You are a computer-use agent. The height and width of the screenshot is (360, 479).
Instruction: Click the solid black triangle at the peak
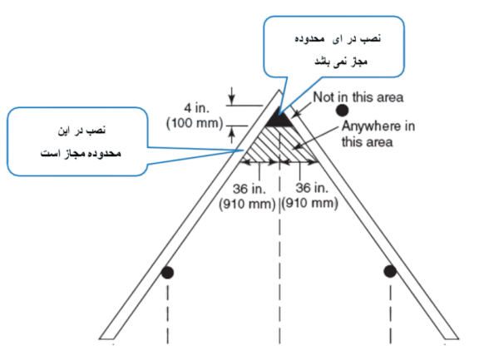tap(279, 118)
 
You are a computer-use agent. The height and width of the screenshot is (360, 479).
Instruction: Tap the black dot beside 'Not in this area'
tap(342, 111)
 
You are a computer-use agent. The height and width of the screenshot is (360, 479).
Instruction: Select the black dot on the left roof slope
tap(167, 273)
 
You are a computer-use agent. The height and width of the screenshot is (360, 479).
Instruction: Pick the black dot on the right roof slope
tap(390, 271)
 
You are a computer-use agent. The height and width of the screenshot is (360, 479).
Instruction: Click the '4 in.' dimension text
tap(197, 108)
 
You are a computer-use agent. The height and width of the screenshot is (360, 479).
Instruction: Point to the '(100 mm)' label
tap(195, 123)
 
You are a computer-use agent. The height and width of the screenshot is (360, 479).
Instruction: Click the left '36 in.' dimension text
tap(249, 189)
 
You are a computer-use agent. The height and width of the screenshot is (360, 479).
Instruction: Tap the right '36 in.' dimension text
tap(312, 188)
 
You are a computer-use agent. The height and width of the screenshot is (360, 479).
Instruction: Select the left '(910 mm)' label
tap(247, 204)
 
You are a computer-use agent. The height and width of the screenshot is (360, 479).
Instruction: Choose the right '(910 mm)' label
tap(309, 204)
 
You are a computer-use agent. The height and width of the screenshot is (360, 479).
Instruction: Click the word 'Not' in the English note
tap(323, 97)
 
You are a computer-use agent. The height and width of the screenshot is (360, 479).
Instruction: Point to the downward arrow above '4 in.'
tap(232, 96)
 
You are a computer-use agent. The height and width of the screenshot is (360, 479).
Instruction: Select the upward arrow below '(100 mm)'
tap(232, 136)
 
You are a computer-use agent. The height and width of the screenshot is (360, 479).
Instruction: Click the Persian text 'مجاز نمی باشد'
tap(341, 62)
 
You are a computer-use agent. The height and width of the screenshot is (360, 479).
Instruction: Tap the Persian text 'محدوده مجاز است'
tap(81, 153)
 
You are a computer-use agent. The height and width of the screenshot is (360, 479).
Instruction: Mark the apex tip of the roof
tap(279, 90)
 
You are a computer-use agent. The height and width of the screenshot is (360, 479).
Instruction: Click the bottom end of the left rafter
tap(106, 338)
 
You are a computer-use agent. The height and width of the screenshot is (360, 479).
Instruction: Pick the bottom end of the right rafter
tap(452, 338)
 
